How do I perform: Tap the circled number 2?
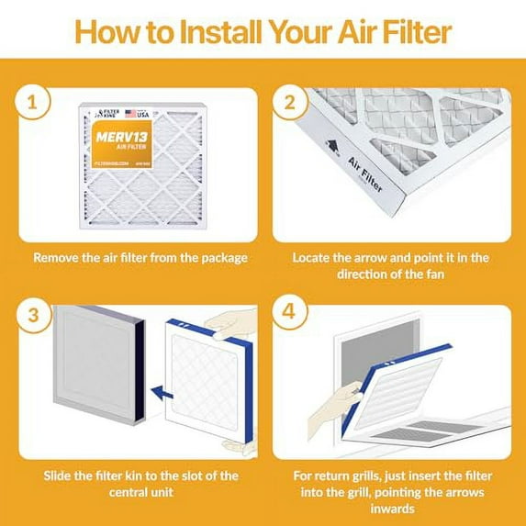pyautogui.click(x=290, y=104)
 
